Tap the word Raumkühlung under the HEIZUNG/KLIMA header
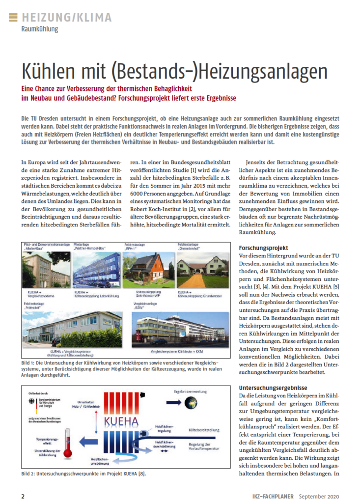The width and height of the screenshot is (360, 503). point(40,29)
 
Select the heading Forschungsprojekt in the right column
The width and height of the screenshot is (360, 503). point(263,248)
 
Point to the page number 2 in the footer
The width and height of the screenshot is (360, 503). point(23,496)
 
